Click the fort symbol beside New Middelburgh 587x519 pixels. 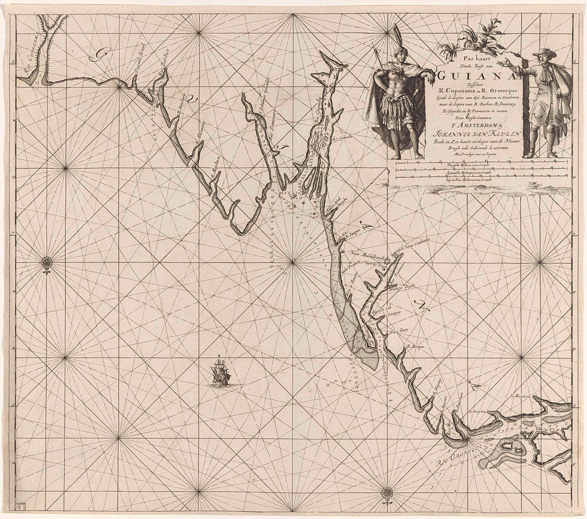pyautogui.click(x=388, y=261)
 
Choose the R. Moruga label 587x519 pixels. pyautogui.click(x=414, y=347)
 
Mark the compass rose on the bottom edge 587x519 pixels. pyautogui.click(x=388, y=491)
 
